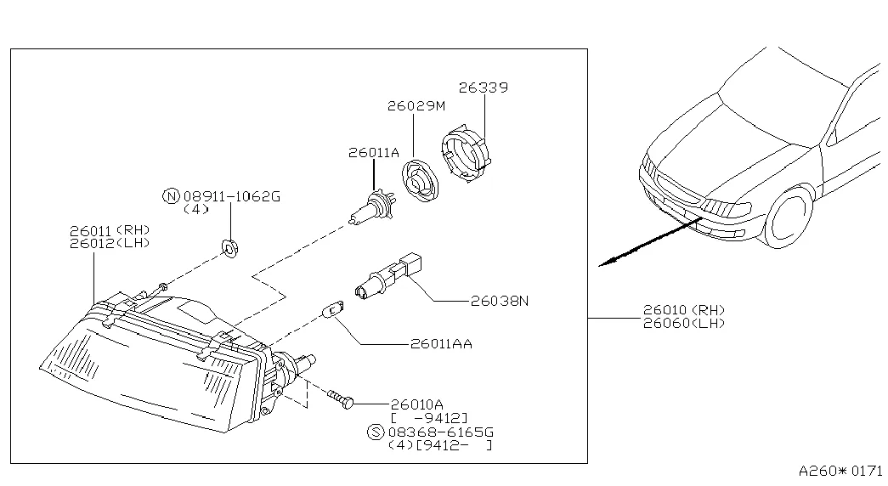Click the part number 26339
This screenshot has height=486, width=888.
point(484,87)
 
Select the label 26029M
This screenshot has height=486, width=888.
point(416,106)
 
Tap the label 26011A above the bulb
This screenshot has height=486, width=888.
point(373,153)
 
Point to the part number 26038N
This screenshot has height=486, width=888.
point(500,300)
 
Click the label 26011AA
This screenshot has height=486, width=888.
point(440,344)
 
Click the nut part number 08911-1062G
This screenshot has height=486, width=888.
point(231,196)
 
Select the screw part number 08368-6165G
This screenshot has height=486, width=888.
point(438,432)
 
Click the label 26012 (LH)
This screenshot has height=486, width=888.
point(110,242)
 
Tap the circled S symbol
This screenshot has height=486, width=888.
point(376,432)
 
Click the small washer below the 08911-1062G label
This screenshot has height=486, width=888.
point(229,247)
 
